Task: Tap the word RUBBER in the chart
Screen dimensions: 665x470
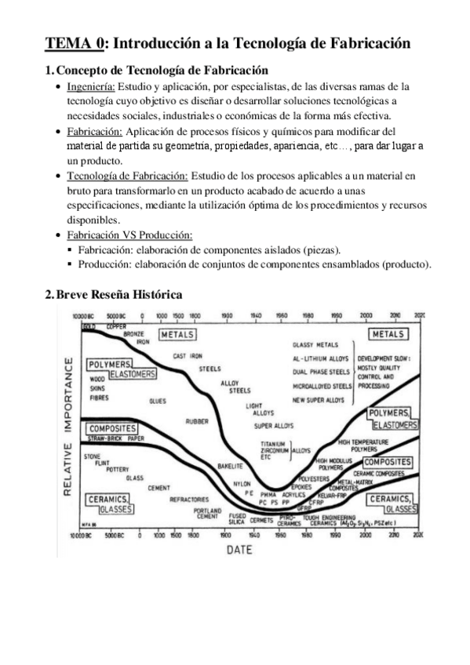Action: coord(196,421)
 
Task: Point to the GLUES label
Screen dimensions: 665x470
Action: coord(157,401)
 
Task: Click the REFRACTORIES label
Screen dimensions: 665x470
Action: coord(189,498)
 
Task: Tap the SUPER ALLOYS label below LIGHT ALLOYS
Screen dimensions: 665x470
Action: coord(272,426)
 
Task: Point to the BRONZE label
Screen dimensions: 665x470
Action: coord(135,334)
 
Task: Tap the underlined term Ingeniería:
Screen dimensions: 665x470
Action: coord(91,86)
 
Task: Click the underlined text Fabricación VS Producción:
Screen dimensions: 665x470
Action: coord(129,234)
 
